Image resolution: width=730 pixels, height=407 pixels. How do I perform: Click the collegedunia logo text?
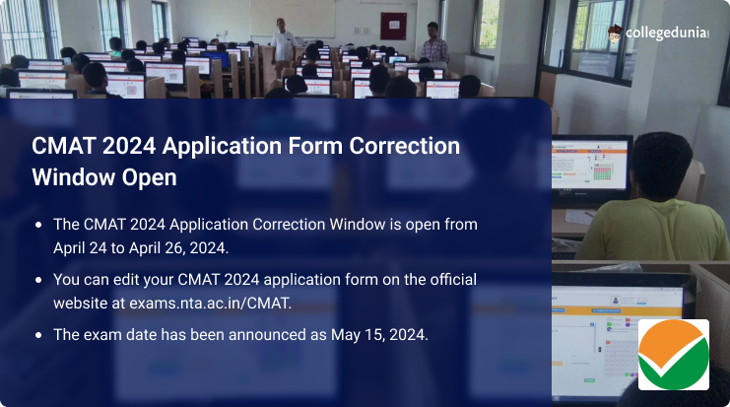(667, 34)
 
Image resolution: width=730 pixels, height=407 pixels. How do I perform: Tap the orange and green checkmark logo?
(673, 355)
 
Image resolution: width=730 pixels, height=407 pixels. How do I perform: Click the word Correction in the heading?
(404, 146)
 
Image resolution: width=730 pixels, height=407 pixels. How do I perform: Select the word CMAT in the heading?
(63, 146)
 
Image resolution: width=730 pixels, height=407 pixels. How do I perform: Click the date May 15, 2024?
(379, 335)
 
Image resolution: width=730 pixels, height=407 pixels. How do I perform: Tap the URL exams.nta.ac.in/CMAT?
(211, 304)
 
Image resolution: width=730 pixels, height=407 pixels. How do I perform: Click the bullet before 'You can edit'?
(38, 280)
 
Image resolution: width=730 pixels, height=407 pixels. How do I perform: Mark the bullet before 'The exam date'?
(38, 335)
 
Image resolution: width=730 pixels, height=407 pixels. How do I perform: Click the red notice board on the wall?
(393, 26)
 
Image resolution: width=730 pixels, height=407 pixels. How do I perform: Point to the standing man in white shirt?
(283, 44)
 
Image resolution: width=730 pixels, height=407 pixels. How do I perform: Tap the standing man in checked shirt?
(434, 44)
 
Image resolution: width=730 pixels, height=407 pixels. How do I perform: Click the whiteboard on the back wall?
(292, 18)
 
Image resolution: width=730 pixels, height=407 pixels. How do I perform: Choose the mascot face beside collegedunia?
(615, 34)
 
